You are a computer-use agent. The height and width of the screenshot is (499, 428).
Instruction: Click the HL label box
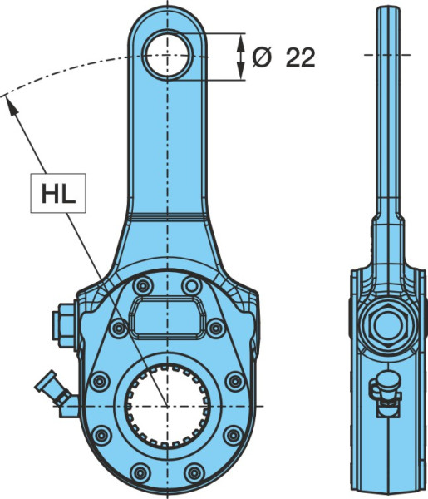pos(58,193)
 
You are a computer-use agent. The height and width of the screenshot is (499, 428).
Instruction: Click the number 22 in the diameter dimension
pos(300,57)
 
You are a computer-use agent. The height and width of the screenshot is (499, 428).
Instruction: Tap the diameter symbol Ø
pos(262,57)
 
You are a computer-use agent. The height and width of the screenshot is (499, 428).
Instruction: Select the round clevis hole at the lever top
pos(167,56)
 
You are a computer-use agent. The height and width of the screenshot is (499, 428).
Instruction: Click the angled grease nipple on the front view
pos(54,388)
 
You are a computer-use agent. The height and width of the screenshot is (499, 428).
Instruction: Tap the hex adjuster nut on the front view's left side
pos(65,327)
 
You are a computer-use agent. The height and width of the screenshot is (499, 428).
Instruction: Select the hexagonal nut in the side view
pos(388,325)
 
